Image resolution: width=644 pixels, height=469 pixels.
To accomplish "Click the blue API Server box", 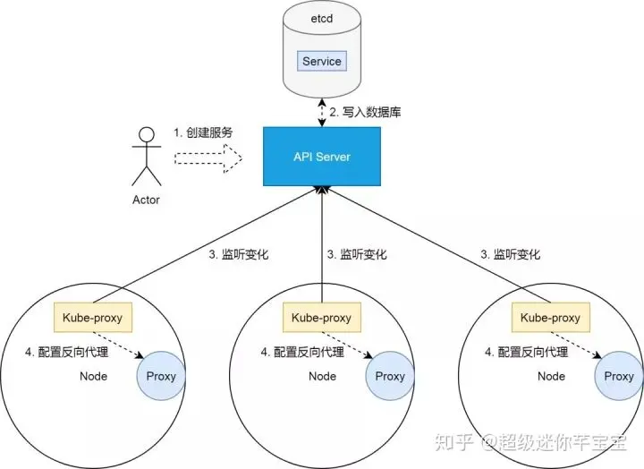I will [x=322, y=157].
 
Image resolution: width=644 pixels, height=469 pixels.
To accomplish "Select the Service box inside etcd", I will [x=321, y=61].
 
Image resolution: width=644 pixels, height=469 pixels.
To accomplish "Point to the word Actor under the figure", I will [x=145, y=200].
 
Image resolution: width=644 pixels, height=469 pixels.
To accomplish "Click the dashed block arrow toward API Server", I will [x=208, y=158].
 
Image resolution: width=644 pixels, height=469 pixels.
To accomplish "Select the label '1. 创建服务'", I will [x=203, y=132].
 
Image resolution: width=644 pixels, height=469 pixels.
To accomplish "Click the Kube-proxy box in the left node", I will [x=94, y=317].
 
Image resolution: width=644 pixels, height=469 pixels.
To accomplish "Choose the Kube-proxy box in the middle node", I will [x=322, y=317].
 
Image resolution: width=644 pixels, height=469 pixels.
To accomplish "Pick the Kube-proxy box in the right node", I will [x=550, y=317].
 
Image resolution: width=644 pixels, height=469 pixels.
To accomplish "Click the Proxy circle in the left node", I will [x=161, y=376].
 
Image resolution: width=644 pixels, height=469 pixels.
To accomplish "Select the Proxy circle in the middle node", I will [x=390, y=376].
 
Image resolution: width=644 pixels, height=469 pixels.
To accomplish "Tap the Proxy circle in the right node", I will [x=619, y=376].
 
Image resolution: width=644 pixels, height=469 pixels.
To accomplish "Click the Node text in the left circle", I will [x=94, y=376].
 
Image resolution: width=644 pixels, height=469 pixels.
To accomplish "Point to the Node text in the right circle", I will [x=551, y=376].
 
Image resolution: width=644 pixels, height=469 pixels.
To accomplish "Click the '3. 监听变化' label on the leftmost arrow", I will [x=239, y=254].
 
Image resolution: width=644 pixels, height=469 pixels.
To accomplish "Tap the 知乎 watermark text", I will [x=452, y=442].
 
